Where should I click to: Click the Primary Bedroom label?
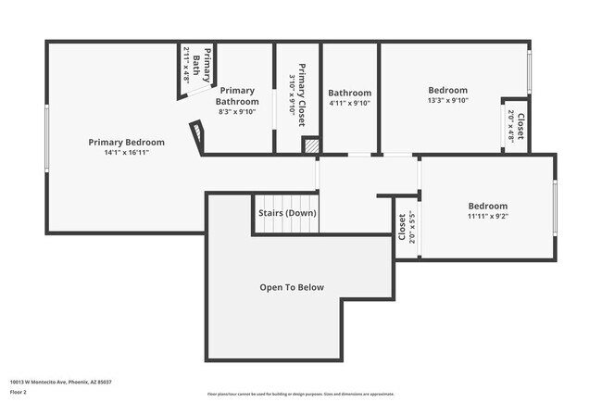(x=126, y=142)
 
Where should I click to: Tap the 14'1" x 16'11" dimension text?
(x=126, y=152)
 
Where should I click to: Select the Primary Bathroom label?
(x=237, y=96)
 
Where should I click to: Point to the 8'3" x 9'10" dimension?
(x=237, y=112)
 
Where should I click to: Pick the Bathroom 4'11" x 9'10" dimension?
(x=349, y=103)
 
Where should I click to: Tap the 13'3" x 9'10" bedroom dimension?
(x=448, y=100)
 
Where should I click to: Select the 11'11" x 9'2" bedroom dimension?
(x=487, y=216)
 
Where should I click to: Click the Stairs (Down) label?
(x=287, y=213)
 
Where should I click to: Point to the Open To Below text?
(x=292, y=287)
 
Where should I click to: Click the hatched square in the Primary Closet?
(x=312, y=145)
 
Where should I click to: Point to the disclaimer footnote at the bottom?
(x=300, y=392)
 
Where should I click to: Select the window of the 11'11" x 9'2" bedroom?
(x=555, y=208)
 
